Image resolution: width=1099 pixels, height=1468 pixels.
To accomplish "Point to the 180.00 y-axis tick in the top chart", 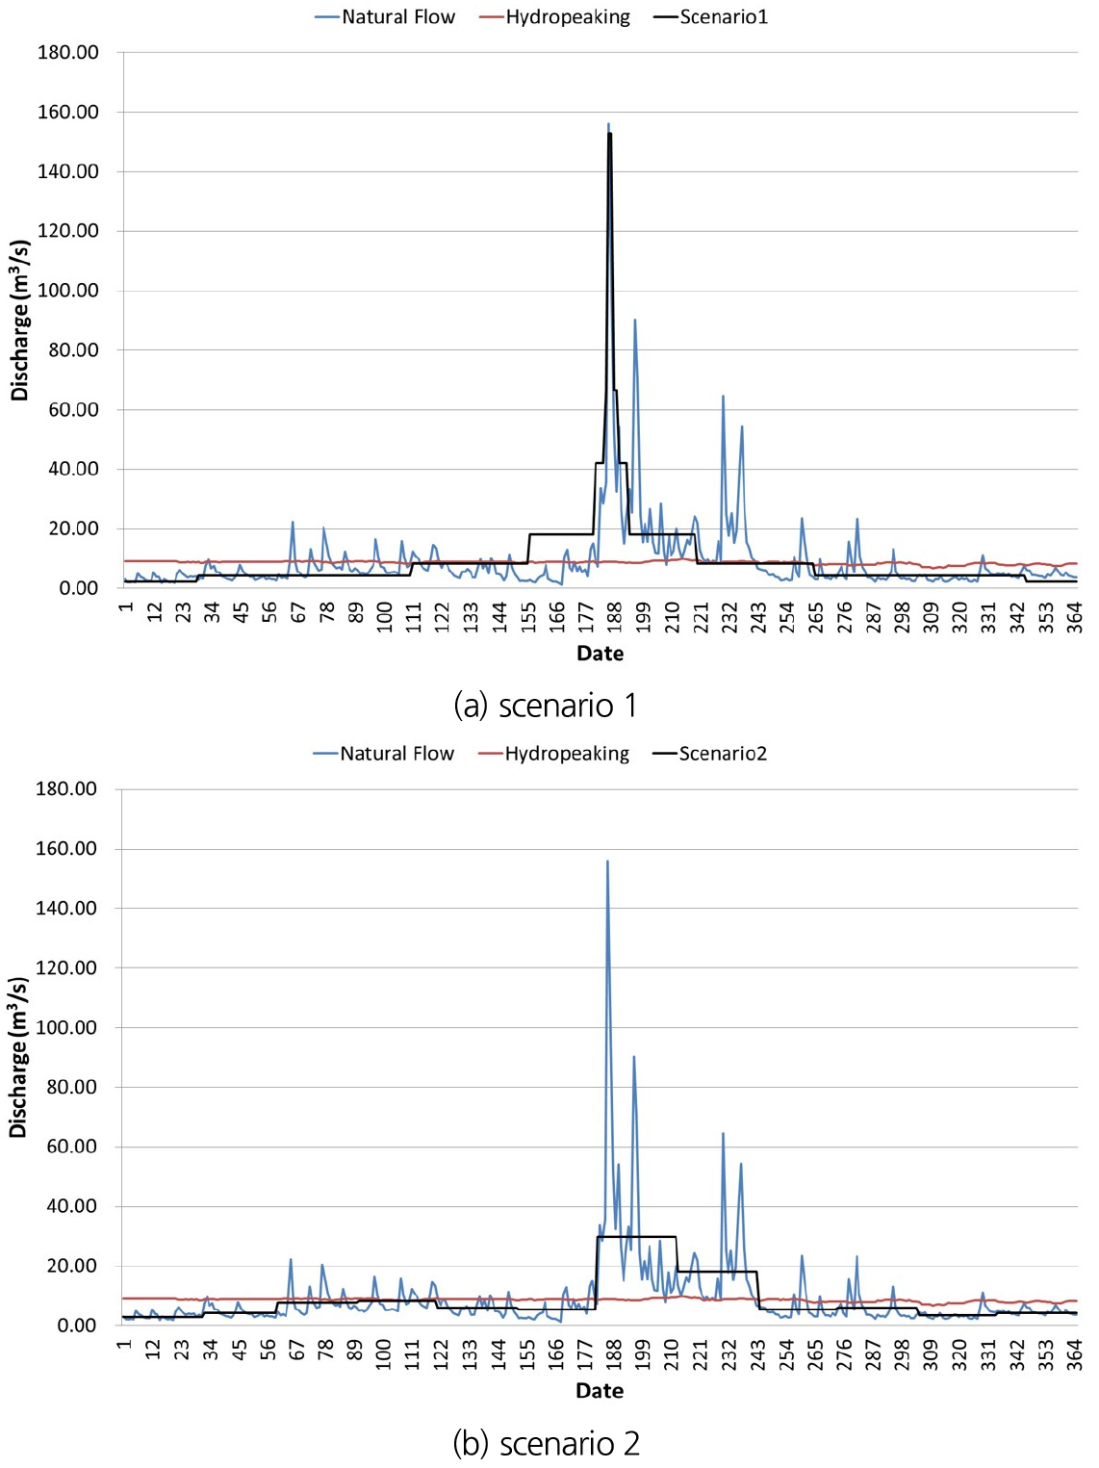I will coord(68,52).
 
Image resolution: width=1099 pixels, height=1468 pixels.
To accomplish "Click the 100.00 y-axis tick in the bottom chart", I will coord(66,1027).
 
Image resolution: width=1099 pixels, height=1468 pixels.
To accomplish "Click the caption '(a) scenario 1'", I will coord(545,706).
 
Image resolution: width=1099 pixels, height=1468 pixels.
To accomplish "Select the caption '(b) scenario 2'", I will coord(546,1443).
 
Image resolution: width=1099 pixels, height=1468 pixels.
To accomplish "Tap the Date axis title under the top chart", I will coord(600,654).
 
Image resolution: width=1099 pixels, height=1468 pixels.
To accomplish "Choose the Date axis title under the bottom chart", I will coord(599,1390).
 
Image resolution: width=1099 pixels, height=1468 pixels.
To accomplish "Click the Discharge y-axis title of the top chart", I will coord(20,321).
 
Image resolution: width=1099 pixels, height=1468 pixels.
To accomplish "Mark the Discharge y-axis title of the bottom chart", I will coord(18,1057).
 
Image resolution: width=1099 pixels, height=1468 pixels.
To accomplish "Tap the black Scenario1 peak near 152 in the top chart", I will coord(609,134).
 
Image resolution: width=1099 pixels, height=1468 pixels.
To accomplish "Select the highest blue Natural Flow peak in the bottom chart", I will coord(607,862).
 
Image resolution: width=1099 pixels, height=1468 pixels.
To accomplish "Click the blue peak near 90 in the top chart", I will coord(634,320).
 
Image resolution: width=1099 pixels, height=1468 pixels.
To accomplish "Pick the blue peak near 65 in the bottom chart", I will coord(723,1133).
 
